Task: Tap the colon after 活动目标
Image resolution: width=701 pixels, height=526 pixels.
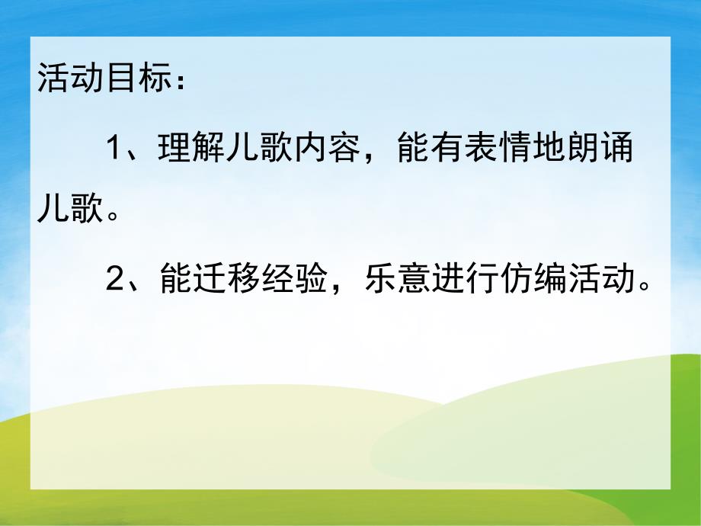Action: (180, 82)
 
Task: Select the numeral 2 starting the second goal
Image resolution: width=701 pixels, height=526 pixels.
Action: (116, 280)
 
